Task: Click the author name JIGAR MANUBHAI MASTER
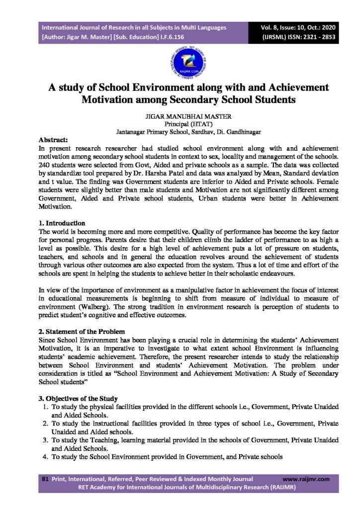point(180,116)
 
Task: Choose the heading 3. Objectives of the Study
point(78,399)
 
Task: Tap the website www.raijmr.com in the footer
point(306,479)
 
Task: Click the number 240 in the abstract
point(44,165)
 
